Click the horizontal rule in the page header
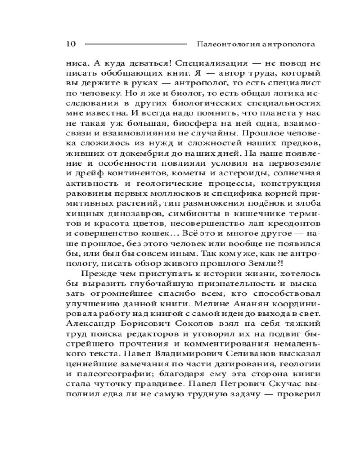click(135, 44)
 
